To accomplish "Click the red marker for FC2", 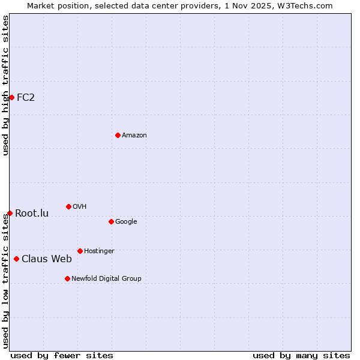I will (11, 97).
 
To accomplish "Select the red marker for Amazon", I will (118, 135).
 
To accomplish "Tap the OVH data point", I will (68, 206).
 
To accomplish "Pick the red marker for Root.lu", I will (10, 213).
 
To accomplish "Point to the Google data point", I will (111, 221).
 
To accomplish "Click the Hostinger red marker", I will (80, 251).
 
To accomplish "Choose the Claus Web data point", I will (16, 259).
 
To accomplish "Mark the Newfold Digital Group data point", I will (67, 278).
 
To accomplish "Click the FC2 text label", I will (26, 97).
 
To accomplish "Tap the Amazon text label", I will (134, 136).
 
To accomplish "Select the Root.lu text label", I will (32, 213).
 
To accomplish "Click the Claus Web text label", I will (47, 259).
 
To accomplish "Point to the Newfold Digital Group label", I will (106, 278).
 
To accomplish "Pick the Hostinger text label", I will (99, 251).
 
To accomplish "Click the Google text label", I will (126, 222).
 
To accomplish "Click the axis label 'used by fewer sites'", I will (62, 355).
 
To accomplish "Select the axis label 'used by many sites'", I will (301, 355).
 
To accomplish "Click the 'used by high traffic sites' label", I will (5, 85).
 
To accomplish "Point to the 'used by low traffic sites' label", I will (5, 281).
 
